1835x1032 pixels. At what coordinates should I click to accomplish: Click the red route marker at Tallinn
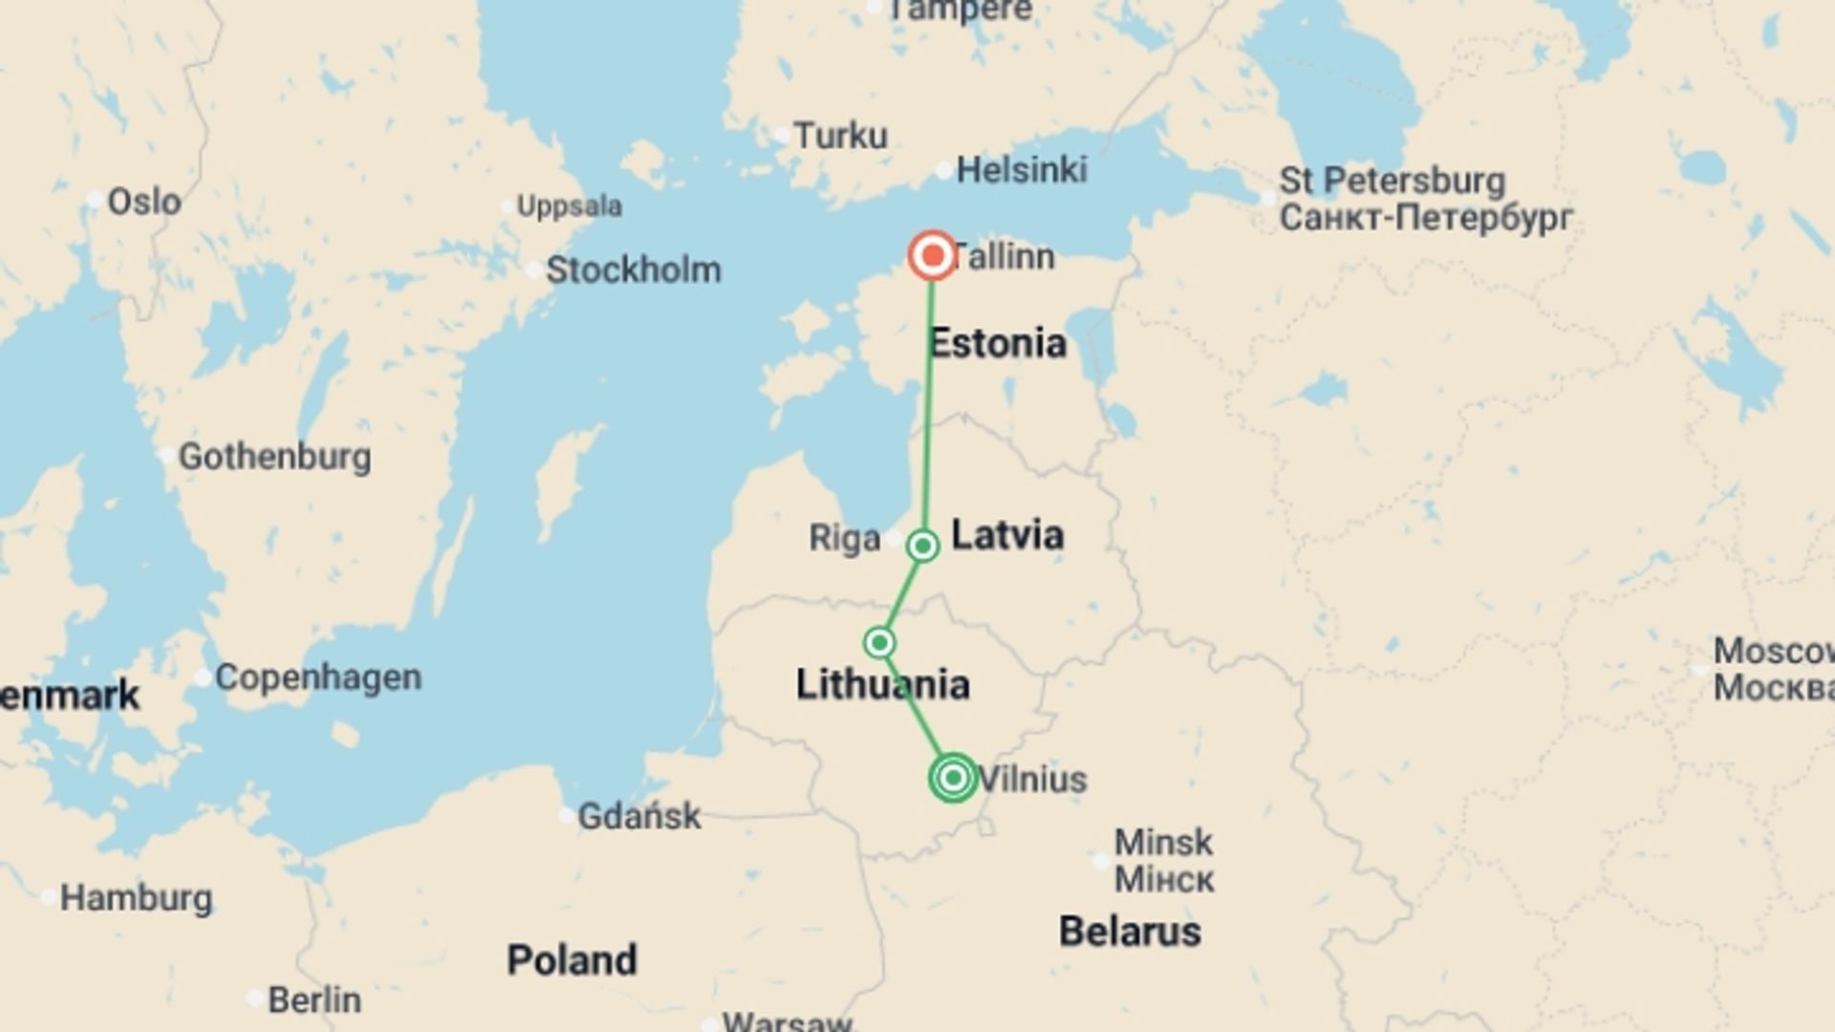932,256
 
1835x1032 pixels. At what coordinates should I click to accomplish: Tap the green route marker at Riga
923,546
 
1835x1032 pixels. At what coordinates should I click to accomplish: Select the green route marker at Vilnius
953,778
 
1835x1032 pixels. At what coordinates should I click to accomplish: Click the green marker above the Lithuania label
879,642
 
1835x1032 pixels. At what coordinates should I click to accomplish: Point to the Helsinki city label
1021,170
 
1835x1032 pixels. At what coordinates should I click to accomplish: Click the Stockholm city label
633,270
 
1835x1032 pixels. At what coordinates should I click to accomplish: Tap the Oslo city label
143,202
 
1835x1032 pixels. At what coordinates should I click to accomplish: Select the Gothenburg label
274,457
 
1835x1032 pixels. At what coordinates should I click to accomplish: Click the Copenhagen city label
317,677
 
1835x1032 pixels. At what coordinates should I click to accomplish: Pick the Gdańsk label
638,816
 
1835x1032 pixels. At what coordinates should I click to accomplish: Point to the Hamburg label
136,898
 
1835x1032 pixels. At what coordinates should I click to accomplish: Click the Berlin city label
313,1000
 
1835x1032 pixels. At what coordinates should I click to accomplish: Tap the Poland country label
572,960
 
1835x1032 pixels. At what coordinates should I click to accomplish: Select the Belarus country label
1130,932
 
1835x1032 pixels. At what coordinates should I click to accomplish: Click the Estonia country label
997,343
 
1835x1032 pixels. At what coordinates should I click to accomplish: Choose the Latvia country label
1007,534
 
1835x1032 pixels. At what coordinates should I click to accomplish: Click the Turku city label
840,136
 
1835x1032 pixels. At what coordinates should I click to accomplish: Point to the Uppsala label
569,205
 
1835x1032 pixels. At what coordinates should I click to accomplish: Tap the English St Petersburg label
1392,181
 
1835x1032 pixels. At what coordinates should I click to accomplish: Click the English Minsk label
1163,843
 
